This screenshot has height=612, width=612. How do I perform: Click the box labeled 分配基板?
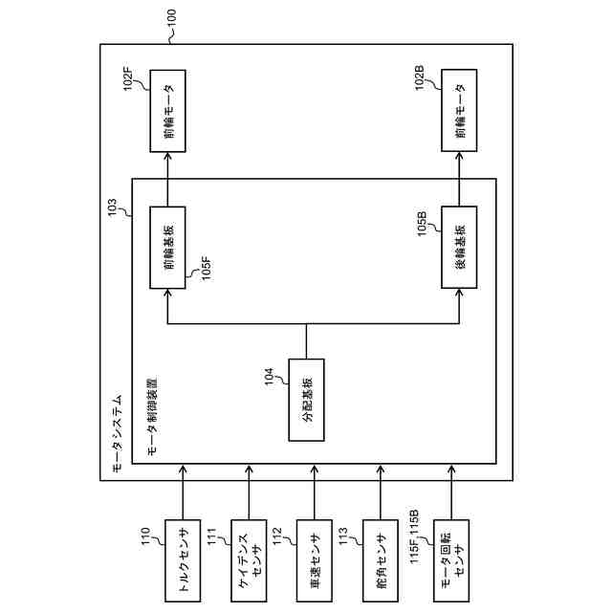coord(306,400)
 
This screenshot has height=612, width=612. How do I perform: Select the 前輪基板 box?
coord(167,248)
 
